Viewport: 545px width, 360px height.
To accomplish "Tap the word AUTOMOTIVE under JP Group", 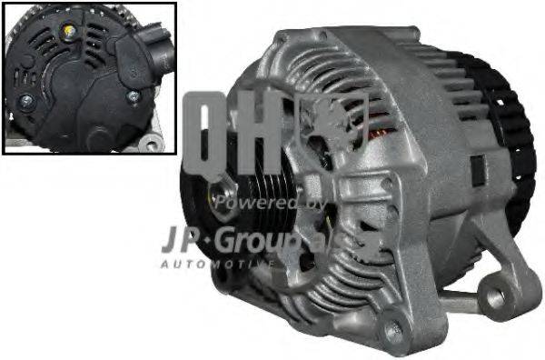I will (x=216, y=264).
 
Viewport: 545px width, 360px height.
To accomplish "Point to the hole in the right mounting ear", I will (x=497, y=295).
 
